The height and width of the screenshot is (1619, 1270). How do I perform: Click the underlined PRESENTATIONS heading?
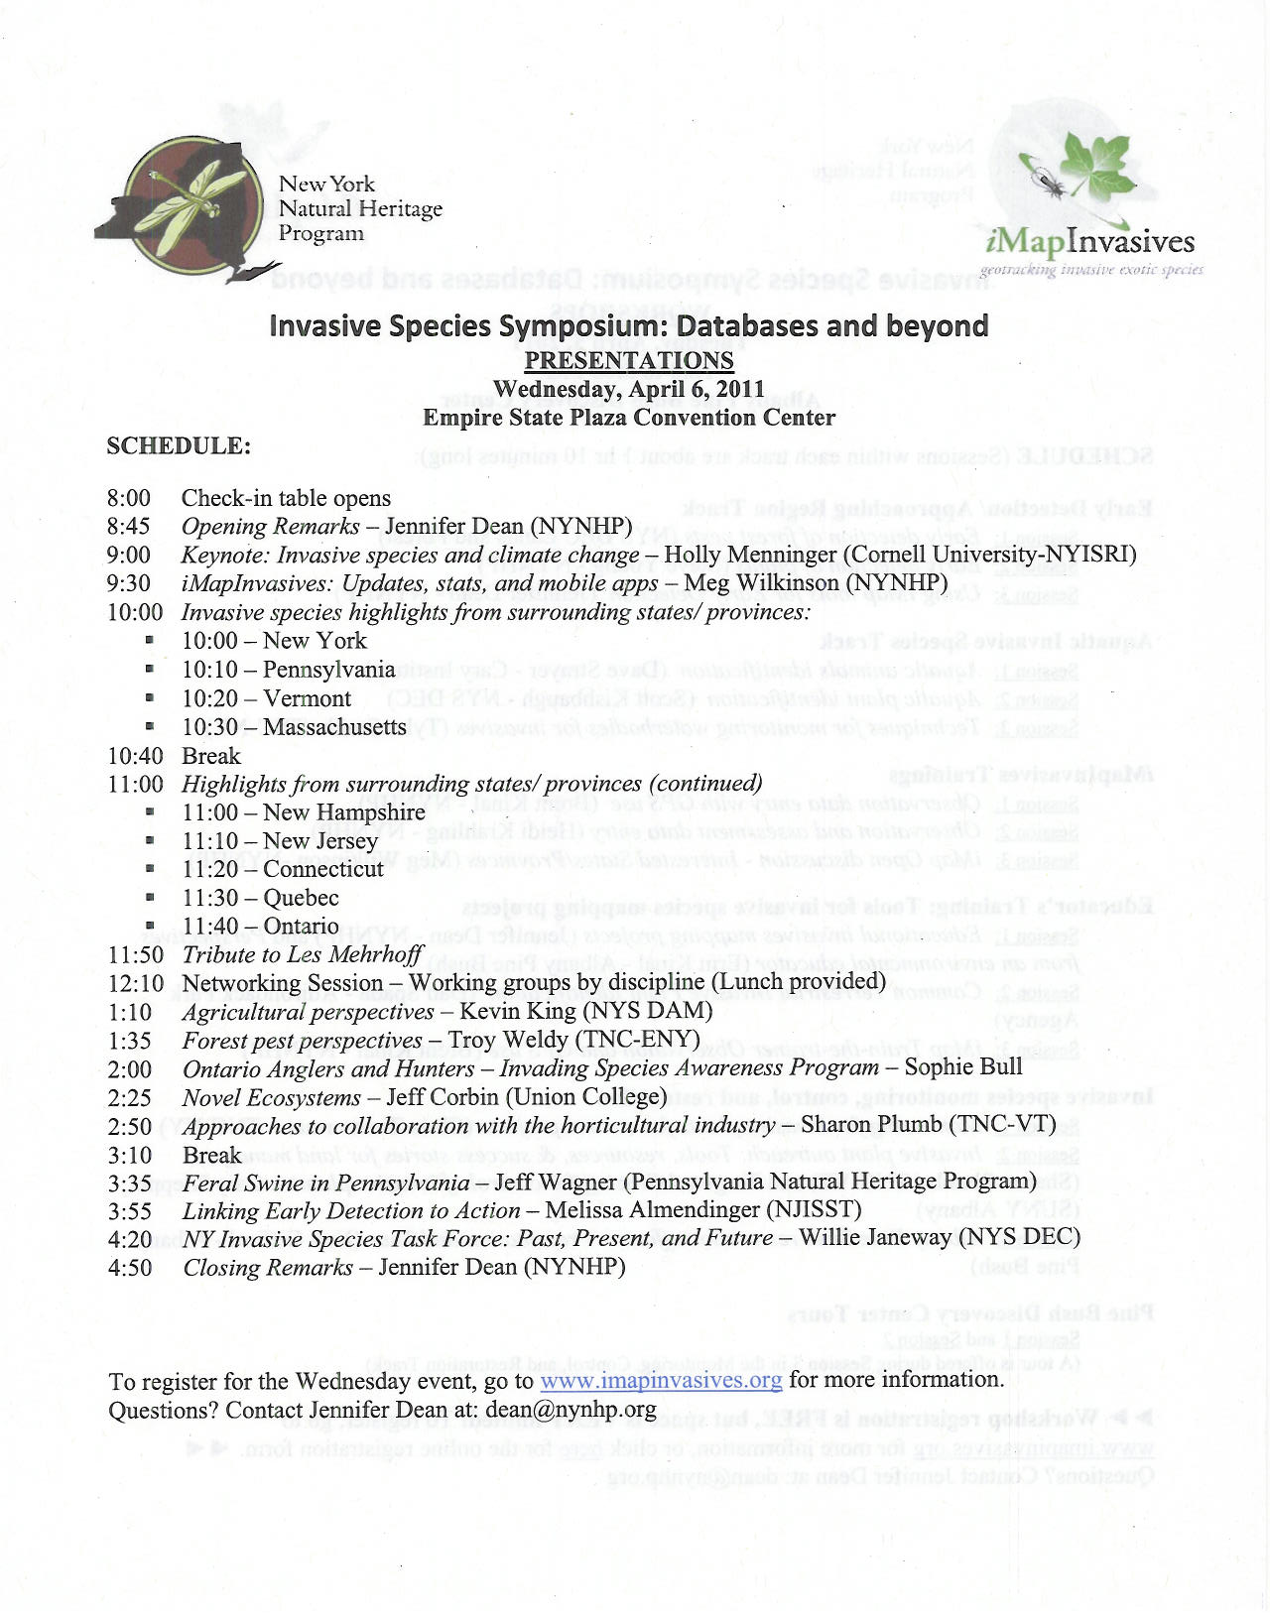click(x=628, y=360)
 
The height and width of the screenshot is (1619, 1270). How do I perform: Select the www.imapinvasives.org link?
click(x=660, y=1380)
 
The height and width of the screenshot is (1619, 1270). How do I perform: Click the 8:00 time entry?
click(x=129, y=498)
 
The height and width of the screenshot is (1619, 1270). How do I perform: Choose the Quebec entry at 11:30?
click(x=301, y=898)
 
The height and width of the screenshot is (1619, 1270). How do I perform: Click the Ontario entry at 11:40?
click(x=301, y=927)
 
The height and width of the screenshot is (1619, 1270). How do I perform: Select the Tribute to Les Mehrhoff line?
click(x=303, y=954)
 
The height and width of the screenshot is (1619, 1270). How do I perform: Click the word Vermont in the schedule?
click(x=307, y=698)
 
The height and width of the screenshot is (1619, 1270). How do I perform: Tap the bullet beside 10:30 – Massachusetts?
click(x=150, y=727)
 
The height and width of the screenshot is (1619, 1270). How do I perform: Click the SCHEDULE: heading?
click(x=179, y=446)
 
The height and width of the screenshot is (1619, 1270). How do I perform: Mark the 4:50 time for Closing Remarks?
click(x=130, y=1268)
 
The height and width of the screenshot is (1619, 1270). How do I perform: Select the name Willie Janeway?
click(x=874, y=1238)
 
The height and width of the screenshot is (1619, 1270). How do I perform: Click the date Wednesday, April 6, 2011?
click(x=628, y=389)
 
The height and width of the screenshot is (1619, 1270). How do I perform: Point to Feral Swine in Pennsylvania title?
click(x=325, y=1183)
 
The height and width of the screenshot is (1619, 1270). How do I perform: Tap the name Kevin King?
click(x=517, y=1011)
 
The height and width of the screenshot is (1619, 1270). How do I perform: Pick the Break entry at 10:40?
click(x=211, y=756)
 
